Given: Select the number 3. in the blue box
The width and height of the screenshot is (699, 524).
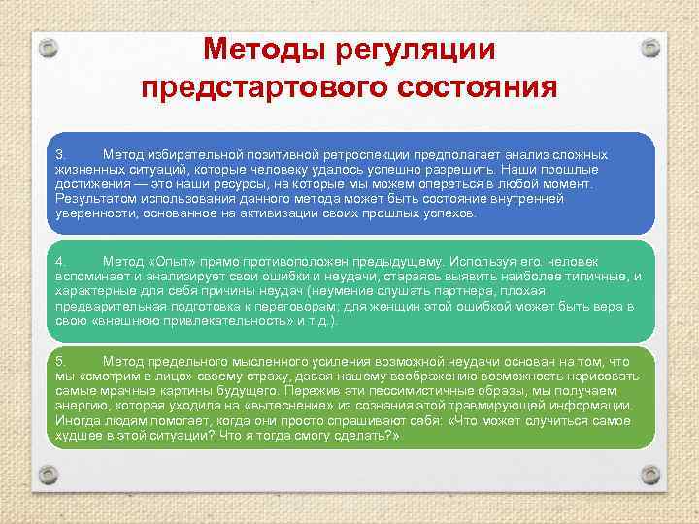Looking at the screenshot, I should [x=60, y=155].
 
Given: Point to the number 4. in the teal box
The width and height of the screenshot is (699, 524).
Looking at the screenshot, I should [x=60, y=262].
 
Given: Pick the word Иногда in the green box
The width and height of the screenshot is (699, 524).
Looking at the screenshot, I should [x=79, y=420].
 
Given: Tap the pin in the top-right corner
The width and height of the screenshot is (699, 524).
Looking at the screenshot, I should [x=649, y=47].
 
